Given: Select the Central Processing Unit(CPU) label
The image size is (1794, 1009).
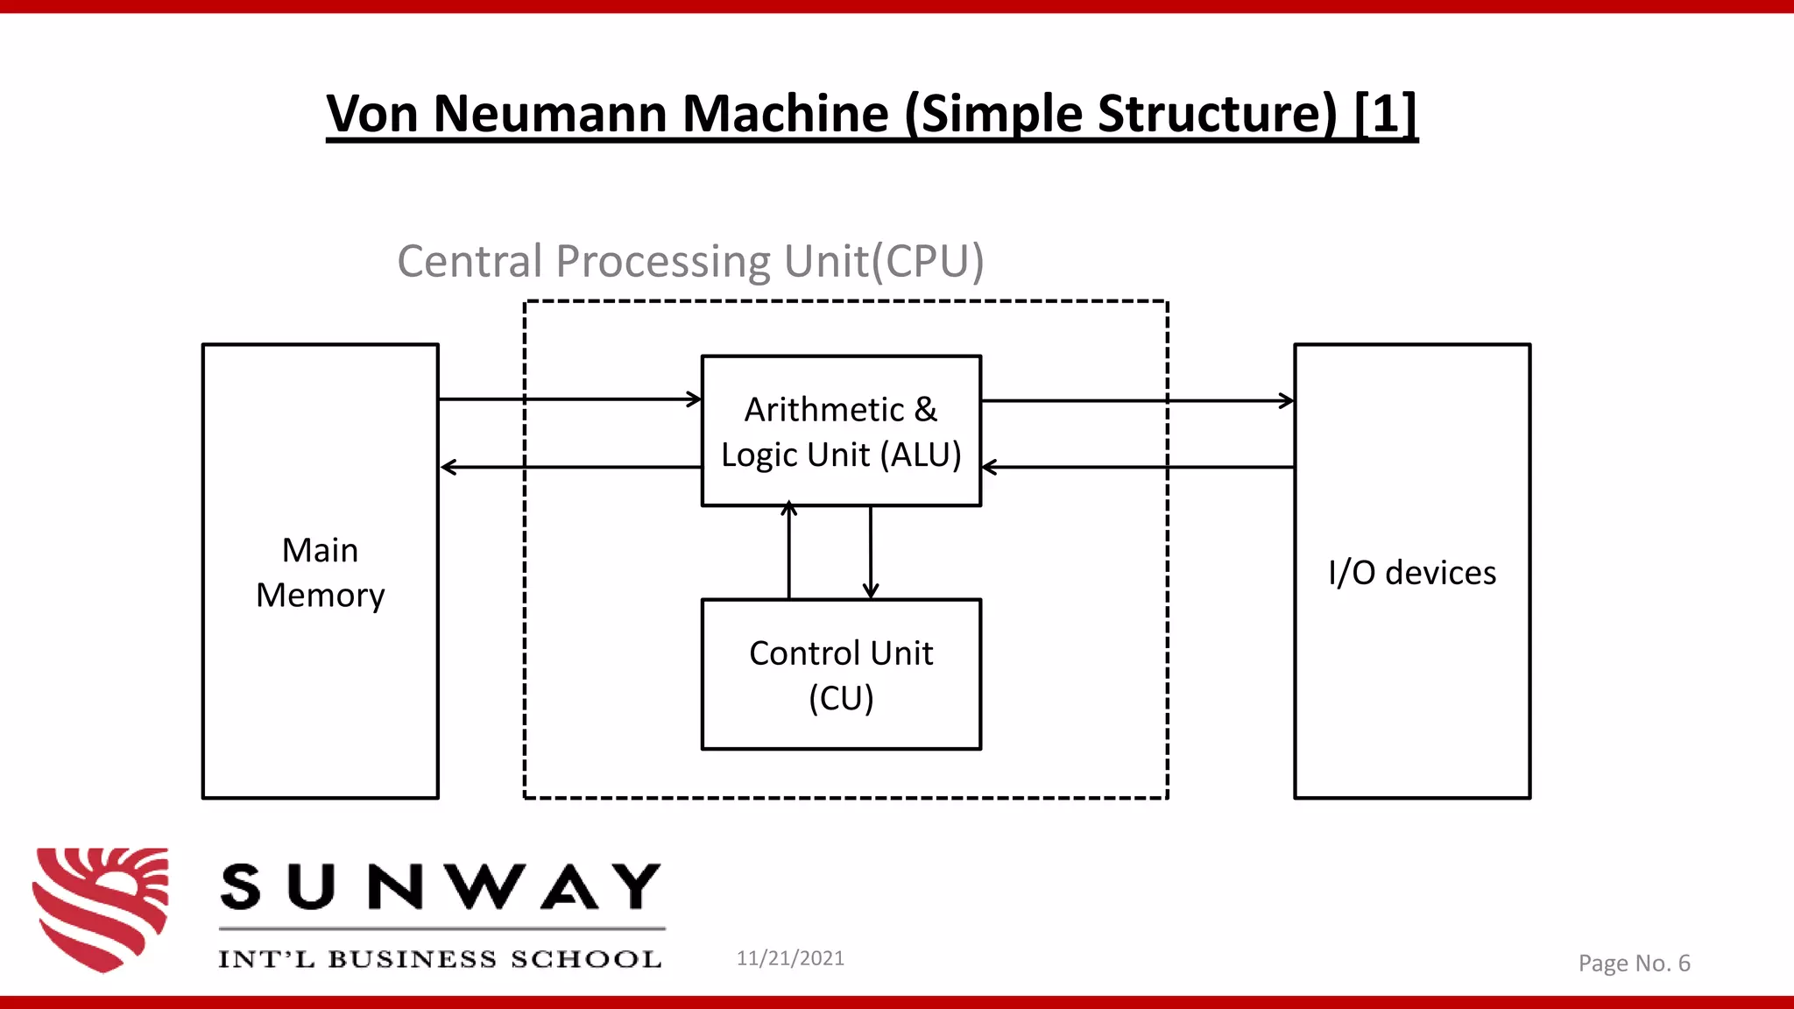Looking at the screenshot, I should [x=690, y=261].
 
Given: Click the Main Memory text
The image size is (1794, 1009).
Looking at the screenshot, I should [x=320, y=573].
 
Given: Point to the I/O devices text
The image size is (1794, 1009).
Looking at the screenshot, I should [x=1411, y=573].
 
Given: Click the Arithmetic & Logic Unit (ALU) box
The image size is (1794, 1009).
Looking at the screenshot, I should [x=841, y=431].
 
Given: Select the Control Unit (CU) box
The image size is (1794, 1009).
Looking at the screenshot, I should [x=841, y=674].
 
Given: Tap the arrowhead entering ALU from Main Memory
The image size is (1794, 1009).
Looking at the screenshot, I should [x=695, y=399].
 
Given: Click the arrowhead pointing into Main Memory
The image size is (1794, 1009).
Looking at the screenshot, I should [x=448, y=468].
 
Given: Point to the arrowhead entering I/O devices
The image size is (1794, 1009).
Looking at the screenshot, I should [x=1287, y=401].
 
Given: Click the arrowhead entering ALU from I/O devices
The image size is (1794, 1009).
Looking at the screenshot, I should [x=989, y=468].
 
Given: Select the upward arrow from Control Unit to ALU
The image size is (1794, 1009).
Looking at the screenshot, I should [x=789, y=552].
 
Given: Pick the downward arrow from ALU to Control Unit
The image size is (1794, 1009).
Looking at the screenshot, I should [x=870, y=552].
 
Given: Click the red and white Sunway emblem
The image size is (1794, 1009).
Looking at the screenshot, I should [x=102, y=908].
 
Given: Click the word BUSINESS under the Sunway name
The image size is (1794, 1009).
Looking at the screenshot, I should [x=412, y=959].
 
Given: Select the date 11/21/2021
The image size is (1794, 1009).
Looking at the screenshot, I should [x=790, y=958].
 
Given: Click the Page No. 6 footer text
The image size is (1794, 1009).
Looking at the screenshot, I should [x=1634, y=963].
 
